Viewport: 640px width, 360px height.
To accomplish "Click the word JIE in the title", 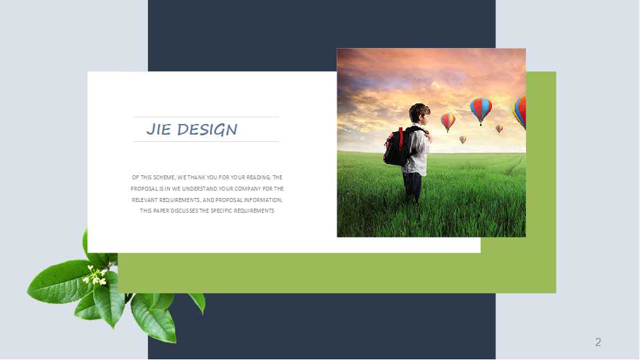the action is [x=159, y=129].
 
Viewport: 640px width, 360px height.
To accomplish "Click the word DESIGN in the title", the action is [x=207, y=130].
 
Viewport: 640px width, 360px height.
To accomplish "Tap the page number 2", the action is [x=598, y=342].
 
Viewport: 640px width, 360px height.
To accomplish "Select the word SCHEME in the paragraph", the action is [x=164, y=177].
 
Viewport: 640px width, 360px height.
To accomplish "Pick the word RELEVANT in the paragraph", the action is [x=145, y=200].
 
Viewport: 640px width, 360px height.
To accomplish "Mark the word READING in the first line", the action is [x=257, y=177].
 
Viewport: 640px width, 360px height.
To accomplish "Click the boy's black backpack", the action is [x=398, y=146].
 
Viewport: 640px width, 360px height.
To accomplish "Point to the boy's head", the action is [x=420, y=113].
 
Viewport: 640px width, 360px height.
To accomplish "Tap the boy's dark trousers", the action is [x=411, y=186].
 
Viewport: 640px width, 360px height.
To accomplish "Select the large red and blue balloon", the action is [x=481, y=110].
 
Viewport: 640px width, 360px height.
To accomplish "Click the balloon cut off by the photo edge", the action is [x=519, y=112].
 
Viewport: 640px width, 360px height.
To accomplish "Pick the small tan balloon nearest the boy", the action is [x=463, y=139].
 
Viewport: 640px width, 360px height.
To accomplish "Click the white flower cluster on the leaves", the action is [x=95, y=275].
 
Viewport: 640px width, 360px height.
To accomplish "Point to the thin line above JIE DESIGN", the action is [x=206, y=117].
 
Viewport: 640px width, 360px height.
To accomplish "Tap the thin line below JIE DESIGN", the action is [x=206, y=141].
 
